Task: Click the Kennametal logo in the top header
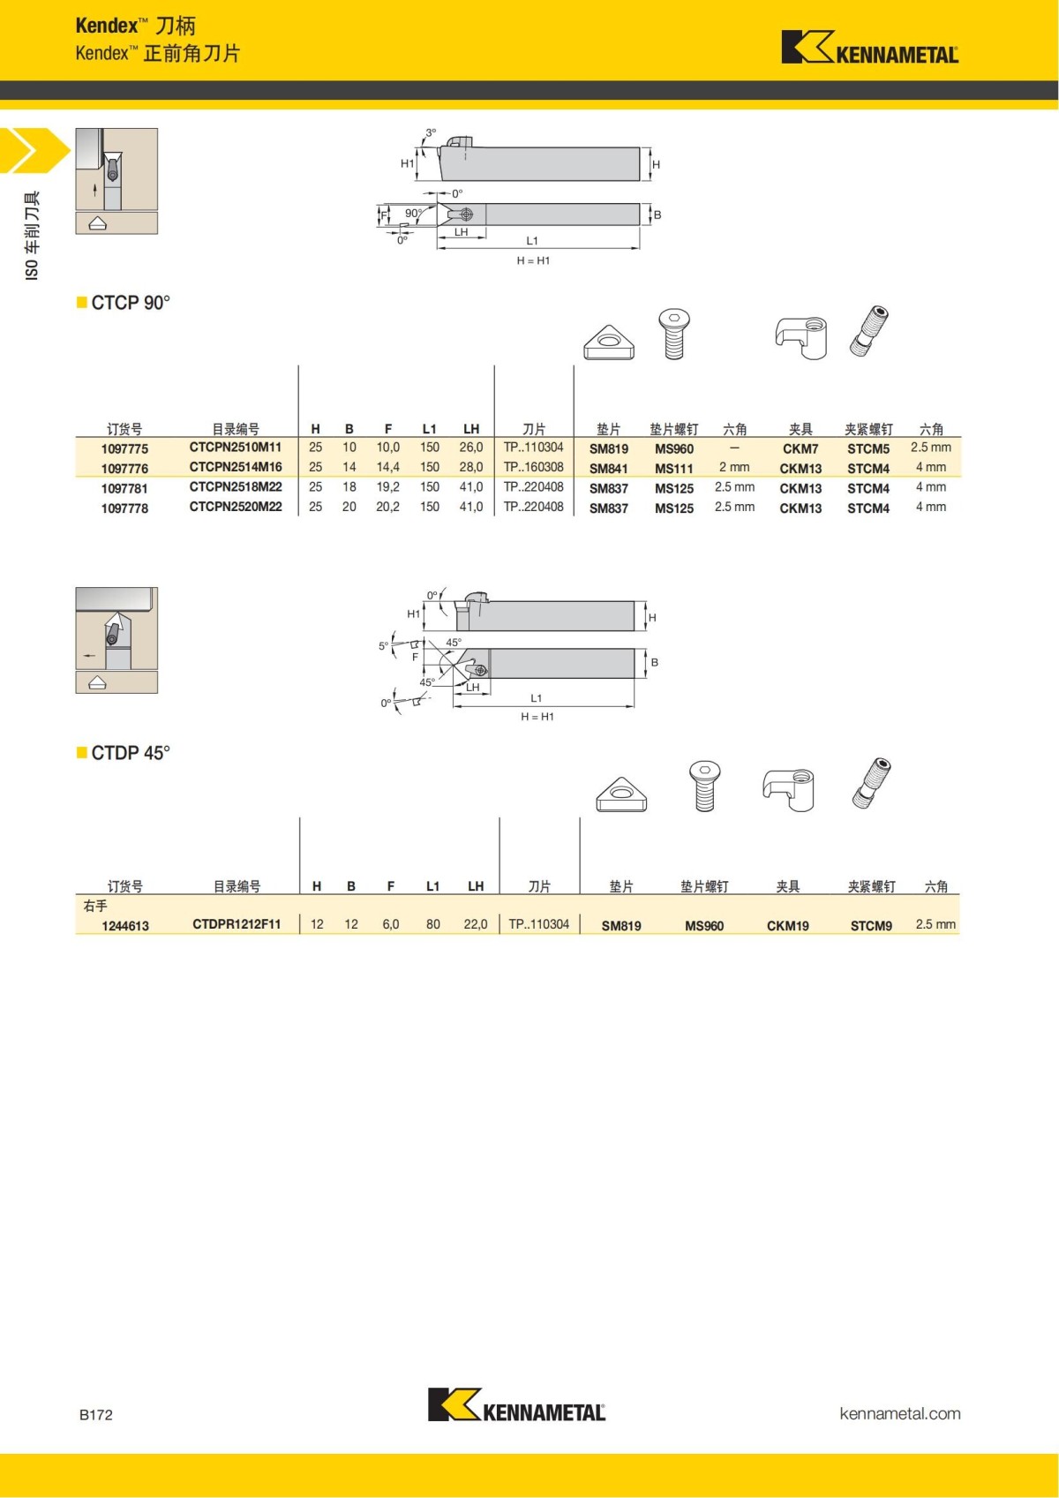[x=869, y=48]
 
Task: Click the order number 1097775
[x=124, y=448]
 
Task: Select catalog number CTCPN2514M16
[x=236, y=467]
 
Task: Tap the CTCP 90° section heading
[x=130, y=303]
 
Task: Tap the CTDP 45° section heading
[x=130, y=753]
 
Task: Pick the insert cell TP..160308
[x=533, y=467]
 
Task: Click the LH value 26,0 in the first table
[x=471, y=448]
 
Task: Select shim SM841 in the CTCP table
[x=609, y=469]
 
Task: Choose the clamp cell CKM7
[x=800, y=448]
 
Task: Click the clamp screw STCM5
[x=868, y=448]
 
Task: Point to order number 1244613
[x=125, y=926]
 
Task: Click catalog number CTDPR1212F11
[x=237, y=924]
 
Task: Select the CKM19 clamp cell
[x=787, y=926]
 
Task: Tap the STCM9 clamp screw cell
[x=871, y=926]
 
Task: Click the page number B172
[x=96, y=1414]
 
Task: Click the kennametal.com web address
[x=899, y=1413]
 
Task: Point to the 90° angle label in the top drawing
[x=413, y=213]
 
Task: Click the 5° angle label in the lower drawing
[x=383, y=646]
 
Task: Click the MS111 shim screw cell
[x=674, y=469]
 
